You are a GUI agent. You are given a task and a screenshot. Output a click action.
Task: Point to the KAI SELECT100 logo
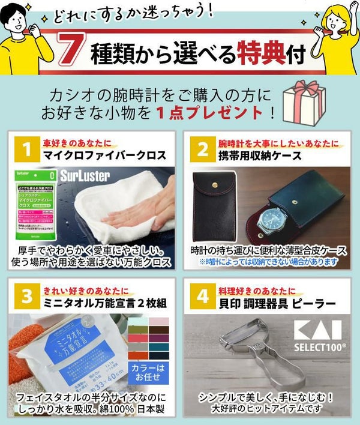click(x=316, y=336)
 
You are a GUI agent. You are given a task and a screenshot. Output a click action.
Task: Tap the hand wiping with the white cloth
click(x=144, y=210)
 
